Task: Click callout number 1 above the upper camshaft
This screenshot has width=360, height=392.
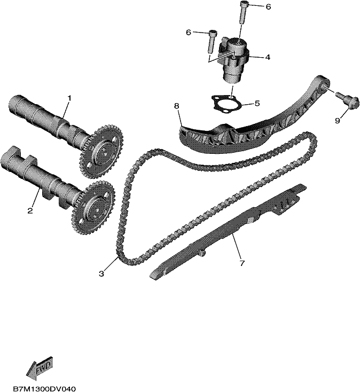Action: pyautogui.click(x=69, y=98)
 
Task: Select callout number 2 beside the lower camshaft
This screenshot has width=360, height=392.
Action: pyautogui.click(x=30, y=211)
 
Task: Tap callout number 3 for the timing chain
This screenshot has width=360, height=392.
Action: pyautogui.click(x=101, y=274)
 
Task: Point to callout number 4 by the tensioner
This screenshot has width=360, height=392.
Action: pyautogui.click(x=268, y=57)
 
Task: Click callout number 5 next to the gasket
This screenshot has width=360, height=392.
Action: pyautogui.click(x=257, y=103)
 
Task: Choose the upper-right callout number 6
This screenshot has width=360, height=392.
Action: pyautogui.click(x=268, y=7)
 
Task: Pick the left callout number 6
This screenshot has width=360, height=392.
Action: pyautogui.click(x=189, y=32)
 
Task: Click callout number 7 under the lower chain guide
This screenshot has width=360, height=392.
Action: pyautogui.click(x=242, y=263)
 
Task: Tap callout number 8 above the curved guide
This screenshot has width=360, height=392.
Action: pyautogui.click(x=177, y=106)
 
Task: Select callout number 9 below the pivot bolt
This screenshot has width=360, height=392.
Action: pyautogui.click(x=338, y=121)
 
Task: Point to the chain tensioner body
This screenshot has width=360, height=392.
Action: pyautogui.click(x=233, y=59)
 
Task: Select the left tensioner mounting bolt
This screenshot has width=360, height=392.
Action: pyautogui.click(x=212, y=41)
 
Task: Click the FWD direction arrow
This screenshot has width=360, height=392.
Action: pyautogui.click(x=40, y=368)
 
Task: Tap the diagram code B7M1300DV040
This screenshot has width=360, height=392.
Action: pyautogui.click(x=44, y=389)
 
